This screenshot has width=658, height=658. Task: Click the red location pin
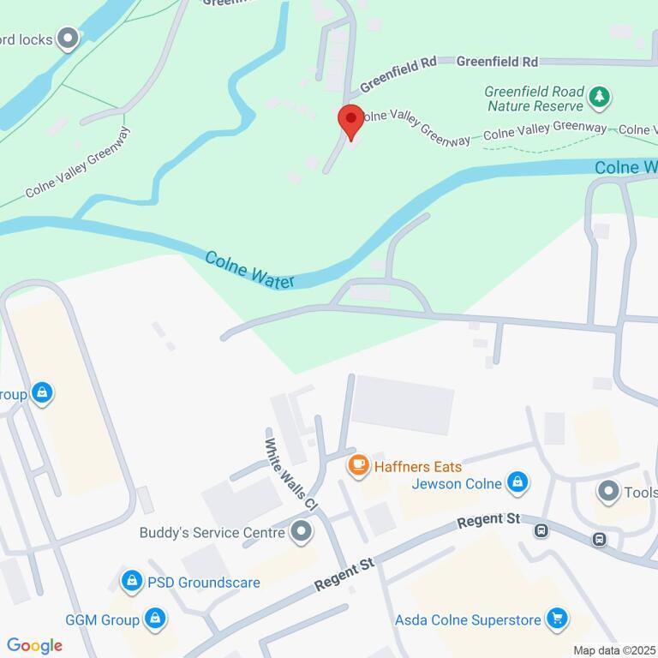point(350,122)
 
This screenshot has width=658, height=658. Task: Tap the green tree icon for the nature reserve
point(600,99)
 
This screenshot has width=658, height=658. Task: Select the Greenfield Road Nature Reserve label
point(535,99)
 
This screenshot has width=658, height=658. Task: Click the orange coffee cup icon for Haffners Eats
point(357,466)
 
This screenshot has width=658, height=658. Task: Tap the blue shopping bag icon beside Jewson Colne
point(517,484)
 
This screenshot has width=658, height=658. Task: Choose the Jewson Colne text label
point(456,484)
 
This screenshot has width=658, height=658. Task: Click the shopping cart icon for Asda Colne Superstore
point(557,619)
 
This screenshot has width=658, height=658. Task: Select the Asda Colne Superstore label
point(468,619)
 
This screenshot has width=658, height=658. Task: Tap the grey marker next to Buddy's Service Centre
point(300,533)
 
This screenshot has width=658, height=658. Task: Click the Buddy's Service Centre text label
point(212,533)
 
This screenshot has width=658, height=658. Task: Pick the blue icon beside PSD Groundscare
point(131,583)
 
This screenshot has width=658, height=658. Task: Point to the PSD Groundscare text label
point(203,583)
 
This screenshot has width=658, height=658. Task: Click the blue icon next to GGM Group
point(154,619)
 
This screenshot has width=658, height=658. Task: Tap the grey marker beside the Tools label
point(608,492)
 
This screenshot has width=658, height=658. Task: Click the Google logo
point(34,646)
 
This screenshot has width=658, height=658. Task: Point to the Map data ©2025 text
point(613,650)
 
